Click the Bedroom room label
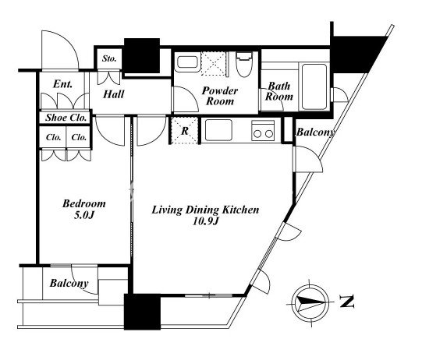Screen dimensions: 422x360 click(x=84, y=203)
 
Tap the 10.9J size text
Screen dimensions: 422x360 click(x=205, y=221)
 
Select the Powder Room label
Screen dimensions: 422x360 click(x=220, y=96)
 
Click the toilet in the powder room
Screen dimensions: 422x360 click(x=244, y=65)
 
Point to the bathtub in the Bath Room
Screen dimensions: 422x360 click(x=314, y=86)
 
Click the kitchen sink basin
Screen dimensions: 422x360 click(x=218, y=130)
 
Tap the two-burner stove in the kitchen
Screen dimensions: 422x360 click(x=263, y=130)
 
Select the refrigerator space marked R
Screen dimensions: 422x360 click(x=185, y=131)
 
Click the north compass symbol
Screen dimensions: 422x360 click(x=310, y=303)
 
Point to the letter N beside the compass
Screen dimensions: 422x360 click(x=346, y=302)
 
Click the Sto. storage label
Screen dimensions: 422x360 click(x=109, y=58)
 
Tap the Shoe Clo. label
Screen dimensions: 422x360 click(x=66, y=118)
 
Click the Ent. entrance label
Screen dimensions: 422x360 click(x=62, y=84)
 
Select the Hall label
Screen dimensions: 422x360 click(x=114, y=94)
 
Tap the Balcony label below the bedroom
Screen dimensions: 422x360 click(x=69, y=283)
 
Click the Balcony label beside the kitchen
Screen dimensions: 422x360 click(x=315, y=132)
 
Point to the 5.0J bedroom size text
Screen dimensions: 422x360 click(x=84, y=215)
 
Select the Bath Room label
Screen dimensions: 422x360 click(x=279, y=91)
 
